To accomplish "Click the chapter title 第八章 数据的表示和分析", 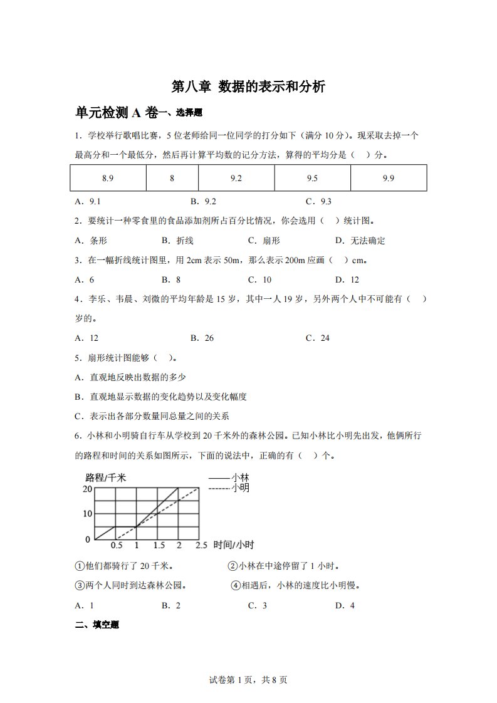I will tap(248, 87).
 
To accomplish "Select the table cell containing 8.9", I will tap(107, 178).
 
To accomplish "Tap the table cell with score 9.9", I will tap(388, 178).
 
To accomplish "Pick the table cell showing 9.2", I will tap(236, 178).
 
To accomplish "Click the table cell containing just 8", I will tap(172, 178).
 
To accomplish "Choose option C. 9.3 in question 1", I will tap(318, 202).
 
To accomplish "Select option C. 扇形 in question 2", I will tap(264, 241).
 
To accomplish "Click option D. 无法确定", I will tap(360, 241).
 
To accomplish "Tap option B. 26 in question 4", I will tap(201, 338).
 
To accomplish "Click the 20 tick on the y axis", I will tap(87, 489).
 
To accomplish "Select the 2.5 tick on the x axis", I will tap(201, 545).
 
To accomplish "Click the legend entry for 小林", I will tap(228, 477).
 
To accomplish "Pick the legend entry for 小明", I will tap(228, 487).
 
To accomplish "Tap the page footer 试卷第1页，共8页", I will tap(248, 679).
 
